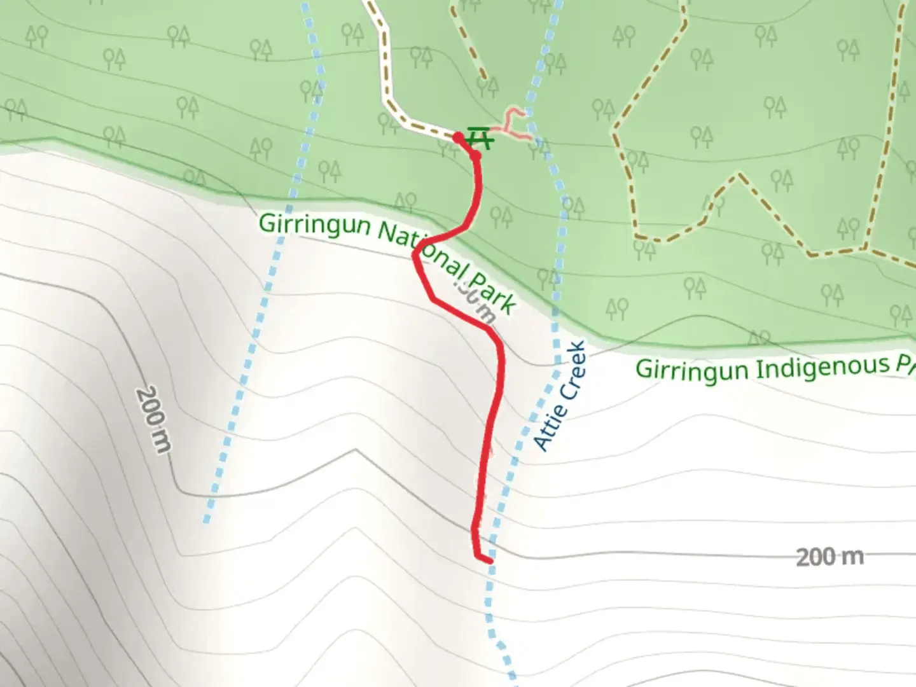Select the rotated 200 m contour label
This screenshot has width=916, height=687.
153,420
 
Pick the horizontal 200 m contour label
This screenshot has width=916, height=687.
829,557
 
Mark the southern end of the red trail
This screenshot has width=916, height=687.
489,560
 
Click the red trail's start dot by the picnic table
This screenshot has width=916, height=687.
458,136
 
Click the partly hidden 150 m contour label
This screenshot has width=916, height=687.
473,299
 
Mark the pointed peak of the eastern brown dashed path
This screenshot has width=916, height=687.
738,174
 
